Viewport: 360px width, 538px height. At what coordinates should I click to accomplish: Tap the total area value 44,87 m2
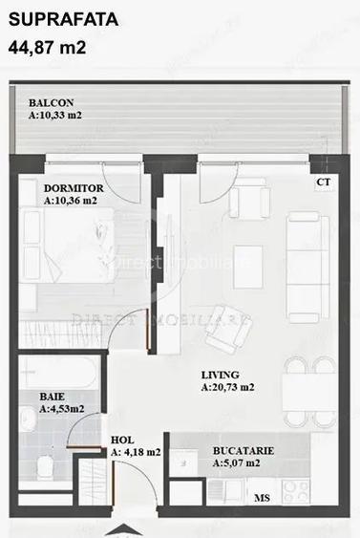coord(48,45)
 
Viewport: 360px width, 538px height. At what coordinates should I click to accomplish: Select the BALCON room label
coord(52,103)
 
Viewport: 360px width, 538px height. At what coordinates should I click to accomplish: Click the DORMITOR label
coord(74,188)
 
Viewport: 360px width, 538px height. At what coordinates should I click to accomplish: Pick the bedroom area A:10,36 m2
coord(71,202)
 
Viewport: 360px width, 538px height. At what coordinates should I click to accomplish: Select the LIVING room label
coord(221,375)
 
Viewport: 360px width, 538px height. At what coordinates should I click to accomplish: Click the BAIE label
coord(53,396)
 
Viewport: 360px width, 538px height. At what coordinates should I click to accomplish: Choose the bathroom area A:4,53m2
coord(62,409)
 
